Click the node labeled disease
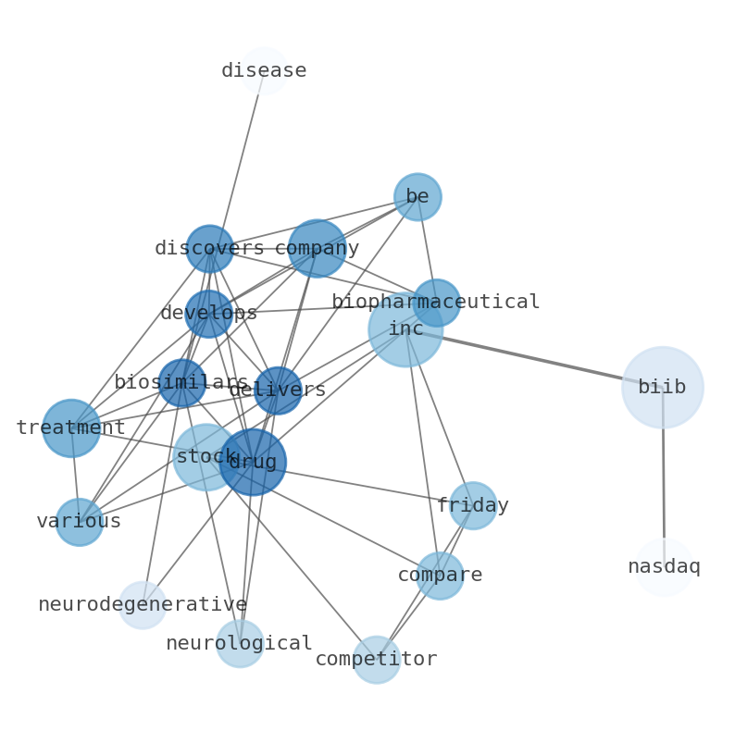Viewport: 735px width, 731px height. [x=265, y=70]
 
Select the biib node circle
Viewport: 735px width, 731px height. [x=662, y=388]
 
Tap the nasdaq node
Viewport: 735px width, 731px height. [x=664, y=567]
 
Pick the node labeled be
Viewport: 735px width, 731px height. [x=417, y=197]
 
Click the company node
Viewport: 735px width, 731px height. [x=317, y=248]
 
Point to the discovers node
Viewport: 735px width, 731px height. [x=209, y=248]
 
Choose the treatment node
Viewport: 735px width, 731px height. [x=71, y=428]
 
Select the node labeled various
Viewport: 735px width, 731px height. [x=80, y=522]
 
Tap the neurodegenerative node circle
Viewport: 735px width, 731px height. [x=143, y=605]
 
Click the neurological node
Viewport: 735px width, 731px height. [x=240, y=643]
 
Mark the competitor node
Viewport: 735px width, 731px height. [x=377, y=660]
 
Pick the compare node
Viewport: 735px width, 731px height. [x=440, y=576]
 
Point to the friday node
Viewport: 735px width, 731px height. [x=473, y=506]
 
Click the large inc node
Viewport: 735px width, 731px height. [x=405, y=329]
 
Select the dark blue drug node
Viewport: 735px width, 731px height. [x=253, y=462]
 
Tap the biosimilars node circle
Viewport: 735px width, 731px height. [x=181, y=383]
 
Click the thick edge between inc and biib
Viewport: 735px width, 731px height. [x=537, y=359]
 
